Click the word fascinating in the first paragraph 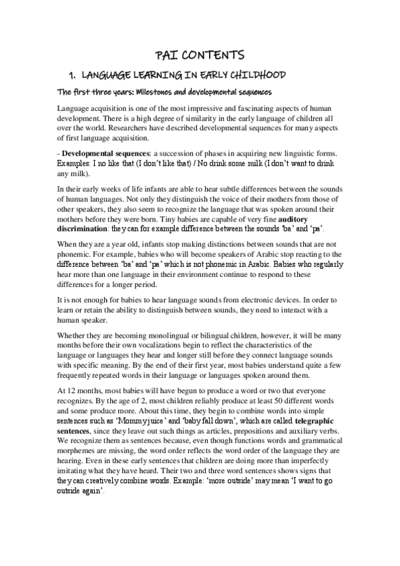click(267, 108)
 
